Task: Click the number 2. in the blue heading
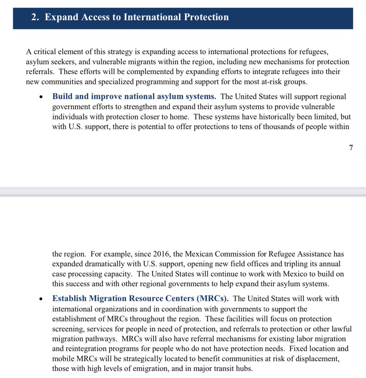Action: [35, 17]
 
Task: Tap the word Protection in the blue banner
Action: [206, 17]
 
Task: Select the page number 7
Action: [351, 147]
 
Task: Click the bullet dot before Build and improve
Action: [41, 97]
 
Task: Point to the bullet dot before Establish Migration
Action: [41, 299]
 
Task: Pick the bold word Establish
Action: [69, 298]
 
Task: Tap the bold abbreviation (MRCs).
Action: [213, 298]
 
